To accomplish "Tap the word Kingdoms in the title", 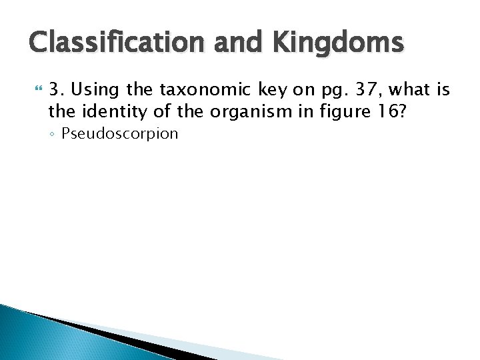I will point(338,43).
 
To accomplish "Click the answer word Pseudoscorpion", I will point(120,133).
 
